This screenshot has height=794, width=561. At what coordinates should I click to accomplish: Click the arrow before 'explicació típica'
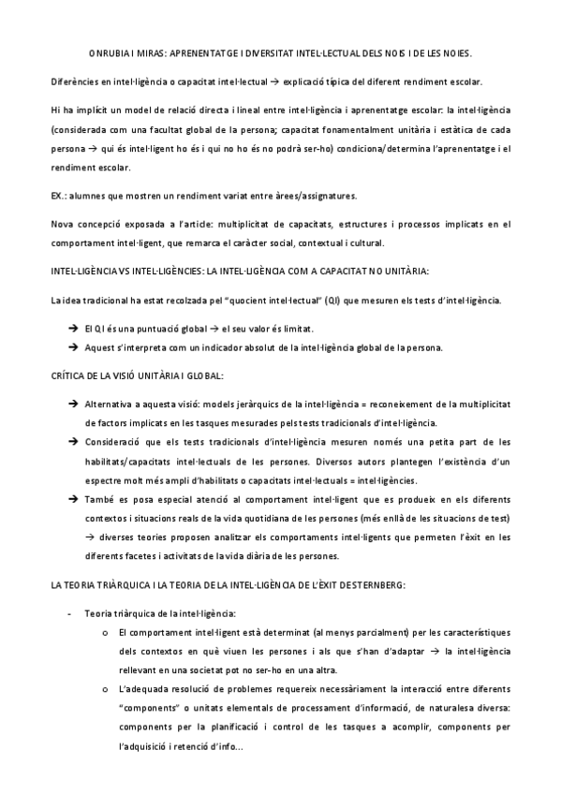(301, 82)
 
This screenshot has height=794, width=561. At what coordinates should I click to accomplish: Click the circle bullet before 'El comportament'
(104, 633)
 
